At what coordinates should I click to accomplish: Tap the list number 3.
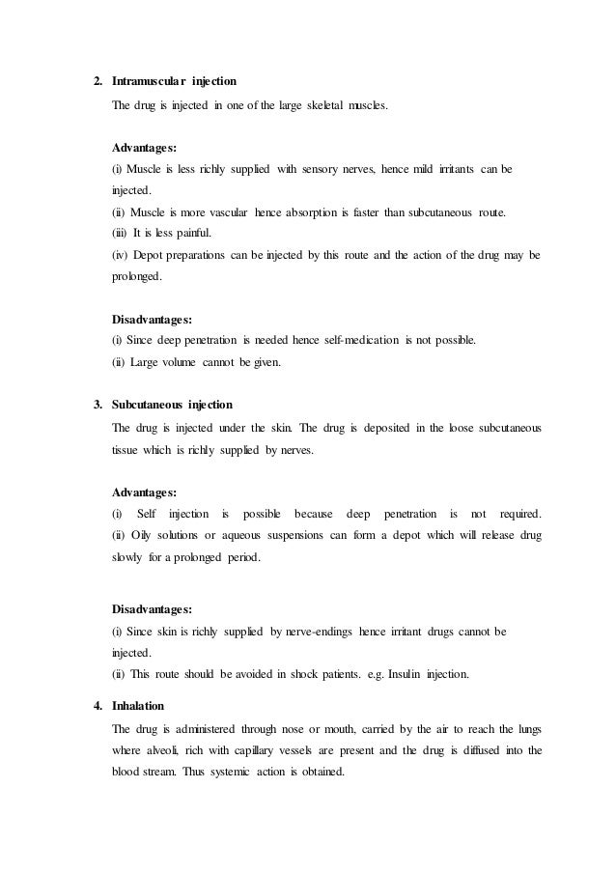click(x=96, y=403)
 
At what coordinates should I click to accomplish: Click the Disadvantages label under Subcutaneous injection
click(x=152, y=610)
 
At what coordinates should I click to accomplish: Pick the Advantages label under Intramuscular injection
click(x=144, y=149)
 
